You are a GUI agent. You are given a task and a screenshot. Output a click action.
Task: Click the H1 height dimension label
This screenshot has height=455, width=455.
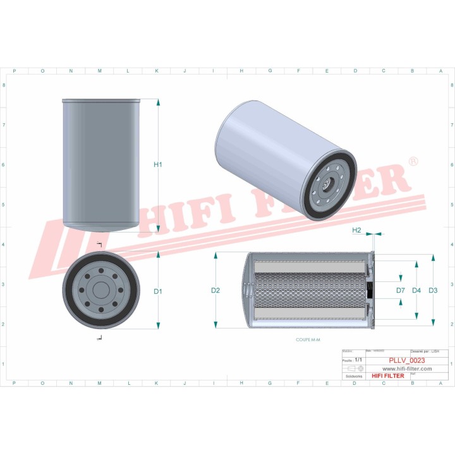click(158, 165)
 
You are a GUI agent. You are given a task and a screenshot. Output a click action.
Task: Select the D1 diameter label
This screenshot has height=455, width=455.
click(158, 291)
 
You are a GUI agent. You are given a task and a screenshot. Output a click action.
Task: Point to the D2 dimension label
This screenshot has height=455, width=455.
click(215, 291)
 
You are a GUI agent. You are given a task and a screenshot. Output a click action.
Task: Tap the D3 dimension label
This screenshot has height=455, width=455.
click(433, 291)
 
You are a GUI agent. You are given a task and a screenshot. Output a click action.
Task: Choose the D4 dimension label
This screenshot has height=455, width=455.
click(416, 291)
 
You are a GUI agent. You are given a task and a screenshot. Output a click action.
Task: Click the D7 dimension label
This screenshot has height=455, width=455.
click(401, 291)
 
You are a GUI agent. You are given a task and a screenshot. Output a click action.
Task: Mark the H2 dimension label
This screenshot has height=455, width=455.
click(356, 231)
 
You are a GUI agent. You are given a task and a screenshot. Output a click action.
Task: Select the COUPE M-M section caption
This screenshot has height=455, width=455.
click(308, 340)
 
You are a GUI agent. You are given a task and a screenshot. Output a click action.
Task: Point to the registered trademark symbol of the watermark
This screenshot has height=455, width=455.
click(413, 162)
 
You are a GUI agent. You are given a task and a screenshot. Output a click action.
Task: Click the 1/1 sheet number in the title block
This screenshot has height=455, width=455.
click(359, 360)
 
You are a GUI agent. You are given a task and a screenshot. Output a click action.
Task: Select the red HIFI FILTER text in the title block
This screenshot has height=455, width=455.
click(387, 376)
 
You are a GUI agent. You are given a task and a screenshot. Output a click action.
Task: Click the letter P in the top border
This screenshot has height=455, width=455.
click(15, 71)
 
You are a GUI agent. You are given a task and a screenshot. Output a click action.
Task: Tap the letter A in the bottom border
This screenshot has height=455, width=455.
click(441, 383)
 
